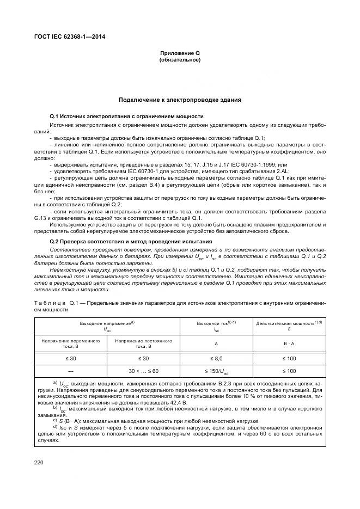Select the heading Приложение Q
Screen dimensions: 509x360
click(x=180, y=53)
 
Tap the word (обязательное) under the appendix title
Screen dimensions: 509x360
click(x=180, y=59)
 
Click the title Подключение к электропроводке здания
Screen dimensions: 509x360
click(x=180, y=100)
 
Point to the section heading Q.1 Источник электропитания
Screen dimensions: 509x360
click(x=126, y=116)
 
